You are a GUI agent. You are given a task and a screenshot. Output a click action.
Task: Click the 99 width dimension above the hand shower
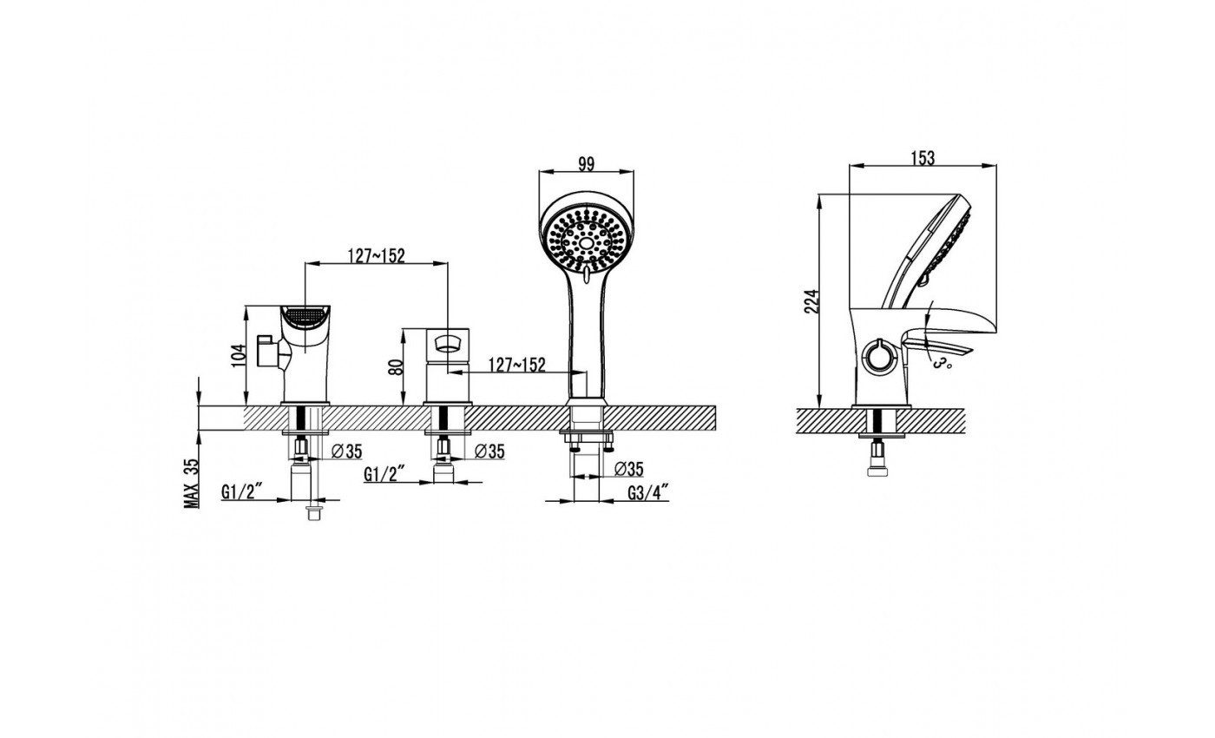pos(587,164)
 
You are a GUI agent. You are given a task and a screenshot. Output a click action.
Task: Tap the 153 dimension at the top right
pos(923,158)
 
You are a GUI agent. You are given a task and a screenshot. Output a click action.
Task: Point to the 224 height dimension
pos(811,302)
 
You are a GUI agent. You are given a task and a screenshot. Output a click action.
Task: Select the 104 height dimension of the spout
pos(240,355)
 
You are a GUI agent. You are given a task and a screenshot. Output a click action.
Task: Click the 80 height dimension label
pos(397,367)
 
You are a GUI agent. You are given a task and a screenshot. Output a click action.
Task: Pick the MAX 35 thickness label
pos(192,483)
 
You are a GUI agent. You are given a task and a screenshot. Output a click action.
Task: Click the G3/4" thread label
pos(647,493)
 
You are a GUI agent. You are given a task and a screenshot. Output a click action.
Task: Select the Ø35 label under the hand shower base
pos(629,469)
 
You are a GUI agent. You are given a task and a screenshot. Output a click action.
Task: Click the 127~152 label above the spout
pos(377,255)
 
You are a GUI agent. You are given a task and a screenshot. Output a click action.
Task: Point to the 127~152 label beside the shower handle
pos(517,365)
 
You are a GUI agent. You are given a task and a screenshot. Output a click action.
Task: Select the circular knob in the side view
pos(877,355)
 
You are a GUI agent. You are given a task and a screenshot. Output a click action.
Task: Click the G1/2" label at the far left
pos(241,492)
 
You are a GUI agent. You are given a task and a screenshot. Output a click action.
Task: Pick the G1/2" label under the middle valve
pos(384,474)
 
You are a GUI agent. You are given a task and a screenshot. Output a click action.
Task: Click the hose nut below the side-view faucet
pos(877,458)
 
